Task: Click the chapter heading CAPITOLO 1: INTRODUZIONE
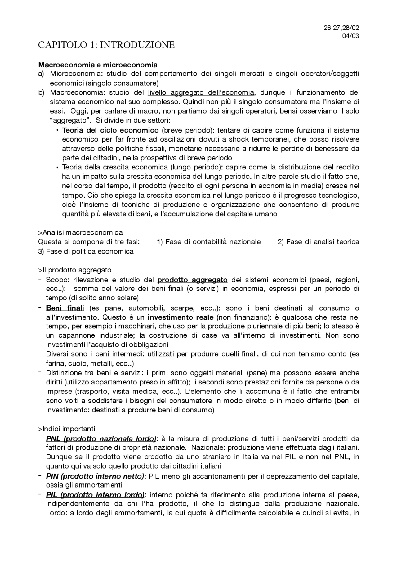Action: point(106,45)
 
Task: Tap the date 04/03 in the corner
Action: point(350,36)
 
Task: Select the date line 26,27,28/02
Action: point(341,28)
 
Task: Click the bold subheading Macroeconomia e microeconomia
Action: point(98,65)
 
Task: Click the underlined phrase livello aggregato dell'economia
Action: point(201,92)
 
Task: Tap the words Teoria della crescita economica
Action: point(115,167)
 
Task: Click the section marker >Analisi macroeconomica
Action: point(80,232)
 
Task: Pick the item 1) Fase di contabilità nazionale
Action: point(209,242)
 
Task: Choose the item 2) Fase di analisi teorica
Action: point(318,242)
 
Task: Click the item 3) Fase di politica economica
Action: point(86,251)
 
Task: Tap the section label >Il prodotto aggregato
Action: point(74,270)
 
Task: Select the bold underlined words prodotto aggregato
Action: point(192,280)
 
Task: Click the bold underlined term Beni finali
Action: point(65,308)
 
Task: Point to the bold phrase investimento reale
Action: point(181,317)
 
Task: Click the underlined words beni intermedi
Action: point(119,354)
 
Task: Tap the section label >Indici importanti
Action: point(66,429)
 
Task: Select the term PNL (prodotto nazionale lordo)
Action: point(101,439)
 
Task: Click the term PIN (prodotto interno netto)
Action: point(95,476)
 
